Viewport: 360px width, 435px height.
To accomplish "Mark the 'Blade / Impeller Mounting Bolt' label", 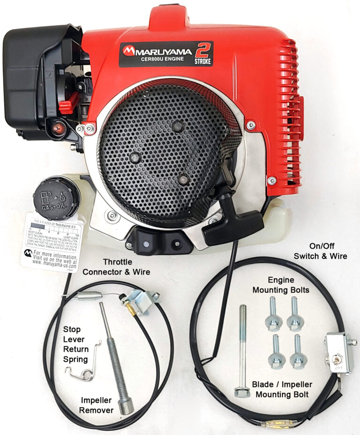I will (282, 389).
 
